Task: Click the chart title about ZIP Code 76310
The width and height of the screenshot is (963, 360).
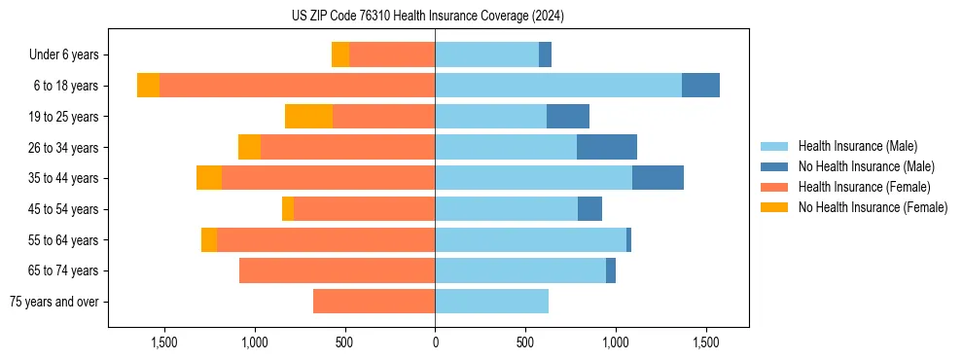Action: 427,17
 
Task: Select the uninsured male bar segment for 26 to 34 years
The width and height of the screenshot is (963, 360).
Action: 607,147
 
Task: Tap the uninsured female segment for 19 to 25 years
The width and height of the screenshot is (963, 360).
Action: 308,117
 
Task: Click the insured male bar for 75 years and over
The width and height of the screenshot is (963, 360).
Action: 491,302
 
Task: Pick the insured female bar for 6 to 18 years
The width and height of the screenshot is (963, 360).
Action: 297,86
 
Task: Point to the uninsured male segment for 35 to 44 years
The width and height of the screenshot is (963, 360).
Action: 658,178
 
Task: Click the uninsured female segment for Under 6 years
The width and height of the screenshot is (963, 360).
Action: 340,54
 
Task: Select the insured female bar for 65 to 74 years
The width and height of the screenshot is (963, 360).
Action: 337,270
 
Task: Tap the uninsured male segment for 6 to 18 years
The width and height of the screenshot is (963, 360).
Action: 700,86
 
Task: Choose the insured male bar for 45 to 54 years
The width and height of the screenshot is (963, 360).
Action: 506,209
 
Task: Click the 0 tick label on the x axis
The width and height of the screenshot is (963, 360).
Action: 435,342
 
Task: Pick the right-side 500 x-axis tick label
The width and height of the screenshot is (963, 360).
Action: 525,342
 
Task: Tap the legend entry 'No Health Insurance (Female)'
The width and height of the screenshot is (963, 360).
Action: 873,207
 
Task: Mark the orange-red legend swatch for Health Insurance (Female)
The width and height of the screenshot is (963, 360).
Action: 774,187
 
